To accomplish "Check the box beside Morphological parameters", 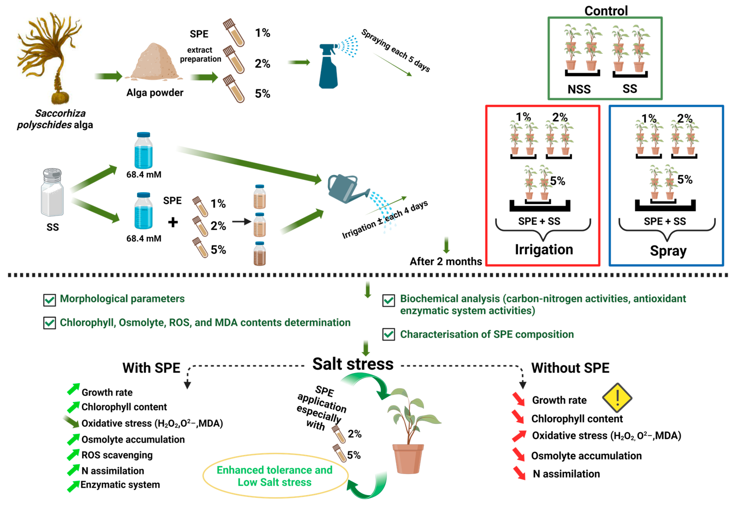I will point(49,300).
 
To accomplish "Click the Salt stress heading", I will point(353,364).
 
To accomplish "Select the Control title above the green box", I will point(606,11).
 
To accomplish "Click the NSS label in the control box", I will point(579,89).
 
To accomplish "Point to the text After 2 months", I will point(445,261).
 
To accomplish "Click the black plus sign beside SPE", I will point(173,222).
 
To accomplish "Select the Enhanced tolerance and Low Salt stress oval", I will point(275,476).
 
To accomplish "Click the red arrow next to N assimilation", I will point(519,473).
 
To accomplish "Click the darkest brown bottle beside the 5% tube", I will point(259,253).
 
